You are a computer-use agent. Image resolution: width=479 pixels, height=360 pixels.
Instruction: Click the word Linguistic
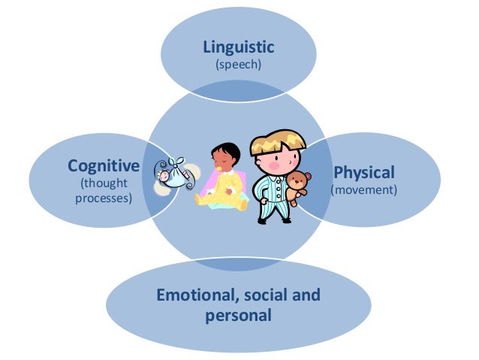pyautogui.click(x=239, y=47)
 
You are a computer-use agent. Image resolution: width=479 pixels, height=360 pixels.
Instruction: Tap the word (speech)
pyautogui.click(x=239, y=65)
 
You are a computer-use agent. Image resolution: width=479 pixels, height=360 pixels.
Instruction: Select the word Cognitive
pyautogui.click(x=104, y=165)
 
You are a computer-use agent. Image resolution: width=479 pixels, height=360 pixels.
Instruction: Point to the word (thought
pyautogui.click(x=104, y=183)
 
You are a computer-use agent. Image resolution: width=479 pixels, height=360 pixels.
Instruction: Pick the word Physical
pyautogui.click(x=363, y=172)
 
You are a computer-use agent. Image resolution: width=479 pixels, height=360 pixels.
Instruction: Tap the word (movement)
pyautogui.click(x=363, y=190)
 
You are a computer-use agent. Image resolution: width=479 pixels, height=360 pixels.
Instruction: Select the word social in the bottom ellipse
pyautogui.click(x=270, y=295)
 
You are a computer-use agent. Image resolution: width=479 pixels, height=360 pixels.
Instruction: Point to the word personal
pyautogui.click(x=238, y=315)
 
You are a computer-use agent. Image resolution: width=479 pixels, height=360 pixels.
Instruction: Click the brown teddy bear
pyautogui.click(x=301, y=189)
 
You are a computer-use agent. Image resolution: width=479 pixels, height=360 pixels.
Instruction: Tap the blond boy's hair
pyautogui.click(x=277, y=142)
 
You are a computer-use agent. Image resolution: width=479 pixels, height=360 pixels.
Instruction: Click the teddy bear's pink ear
pyautogui.click(x=292, y=177)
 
